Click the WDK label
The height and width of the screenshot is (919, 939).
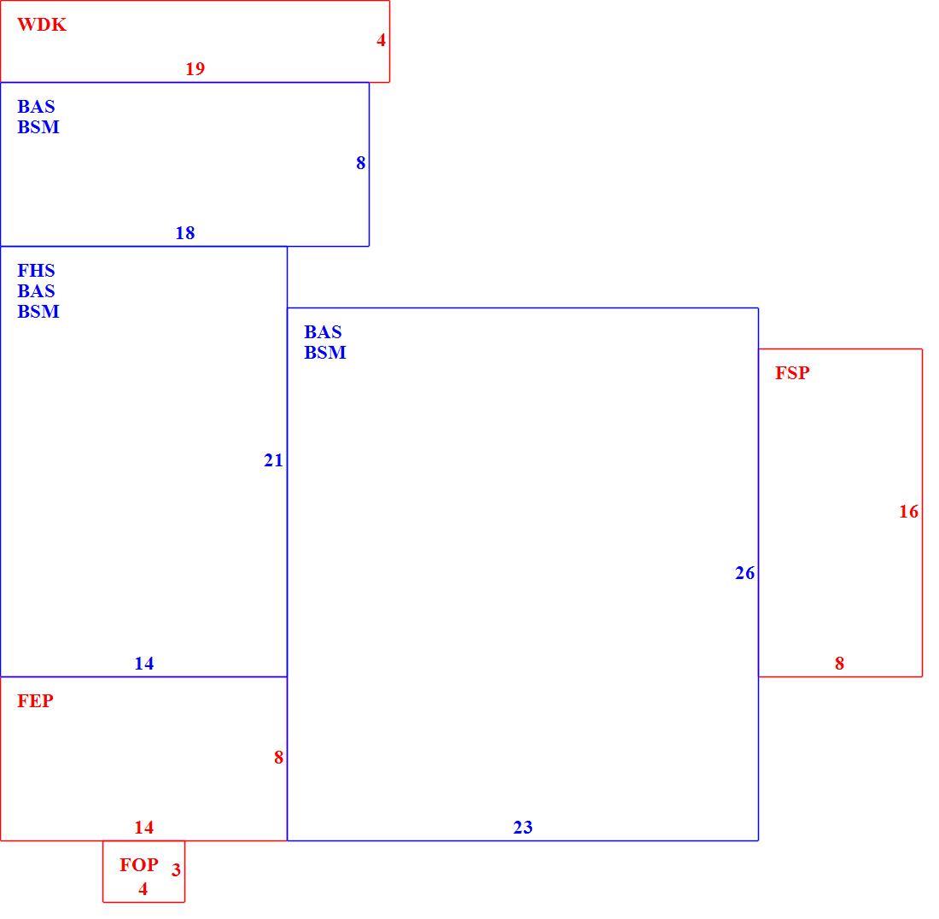pos(41,25)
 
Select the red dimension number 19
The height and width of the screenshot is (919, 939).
pos(195,69)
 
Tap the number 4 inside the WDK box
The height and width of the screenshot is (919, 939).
pos(381,40)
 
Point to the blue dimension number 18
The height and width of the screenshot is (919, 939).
pos(185,232)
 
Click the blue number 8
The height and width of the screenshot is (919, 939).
pos(360,162)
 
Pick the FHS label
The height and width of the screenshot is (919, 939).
pos(36,270)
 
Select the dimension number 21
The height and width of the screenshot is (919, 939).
pos(273,460)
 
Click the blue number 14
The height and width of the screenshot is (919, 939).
pos(143,663)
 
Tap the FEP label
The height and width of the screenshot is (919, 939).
pos(35,700)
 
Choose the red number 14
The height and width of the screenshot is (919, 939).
pos(143,828)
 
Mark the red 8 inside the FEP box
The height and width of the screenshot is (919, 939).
pos(278,758)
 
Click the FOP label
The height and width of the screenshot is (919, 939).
pos(139,864)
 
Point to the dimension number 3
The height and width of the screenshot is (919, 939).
pos(176,869)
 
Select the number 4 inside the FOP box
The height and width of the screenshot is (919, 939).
pos(143,888)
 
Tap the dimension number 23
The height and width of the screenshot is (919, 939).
pos(522,828)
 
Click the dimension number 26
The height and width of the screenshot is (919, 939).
pos(745,573)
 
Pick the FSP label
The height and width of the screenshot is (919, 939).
pos(792,372)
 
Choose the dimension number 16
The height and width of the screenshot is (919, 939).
pos(908,511)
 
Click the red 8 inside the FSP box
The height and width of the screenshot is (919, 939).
pos(840,663)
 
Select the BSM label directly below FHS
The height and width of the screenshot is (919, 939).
pos(38,312)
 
